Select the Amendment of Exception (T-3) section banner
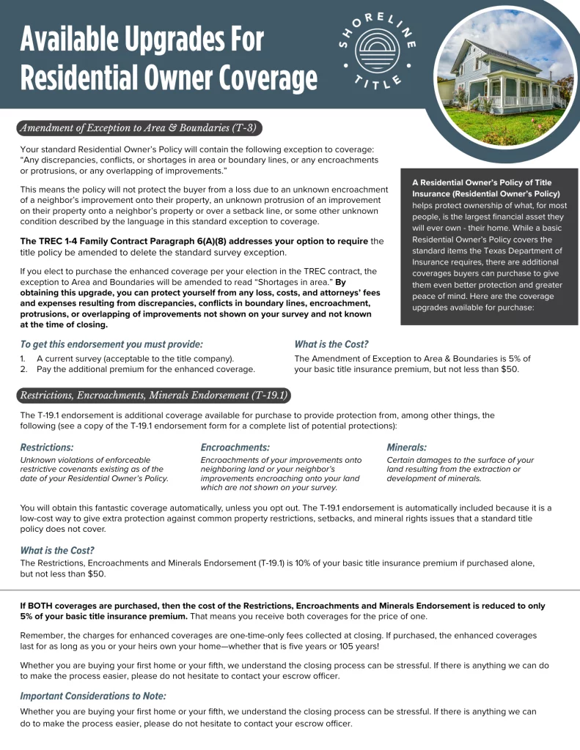[138, 128]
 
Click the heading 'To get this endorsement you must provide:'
[111, 344]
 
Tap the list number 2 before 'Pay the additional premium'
[23, 369]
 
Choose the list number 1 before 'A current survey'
[23, 358]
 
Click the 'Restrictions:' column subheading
[47, 447]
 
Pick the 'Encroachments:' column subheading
[235, 447]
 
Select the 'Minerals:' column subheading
[406, 447]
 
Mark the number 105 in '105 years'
[338, 647]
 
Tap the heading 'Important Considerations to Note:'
[93, 696]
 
